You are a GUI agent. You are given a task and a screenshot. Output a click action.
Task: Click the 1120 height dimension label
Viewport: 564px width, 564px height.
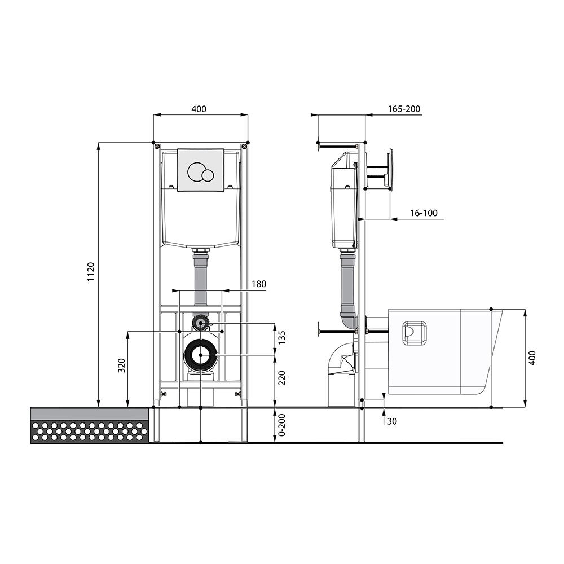coord(91,272)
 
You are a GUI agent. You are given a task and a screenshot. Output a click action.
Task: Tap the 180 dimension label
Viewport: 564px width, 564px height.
coord(259,284)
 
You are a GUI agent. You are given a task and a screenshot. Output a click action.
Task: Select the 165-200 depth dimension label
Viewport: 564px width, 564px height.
coord(404,109)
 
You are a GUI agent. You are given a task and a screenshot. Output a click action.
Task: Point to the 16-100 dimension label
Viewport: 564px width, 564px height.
coord(424,213)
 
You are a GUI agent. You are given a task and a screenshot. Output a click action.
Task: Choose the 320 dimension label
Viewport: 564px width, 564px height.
coord(122,365)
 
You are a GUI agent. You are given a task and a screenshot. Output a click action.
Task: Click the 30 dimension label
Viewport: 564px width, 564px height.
coord(392,421)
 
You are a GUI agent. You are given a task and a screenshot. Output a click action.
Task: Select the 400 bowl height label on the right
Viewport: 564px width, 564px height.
coord(532,358)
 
